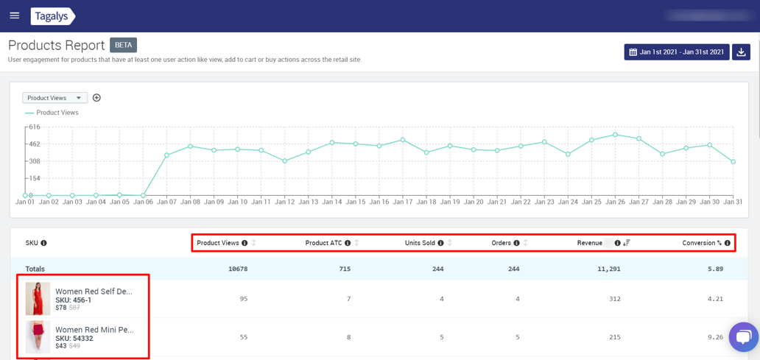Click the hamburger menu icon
click(14, 15)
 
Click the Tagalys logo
click(52, 15)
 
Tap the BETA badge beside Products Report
click(123, 45)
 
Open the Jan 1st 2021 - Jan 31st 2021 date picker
click(677, 52)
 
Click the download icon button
click(742, 52)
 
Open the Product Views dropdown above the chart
click(54, 98)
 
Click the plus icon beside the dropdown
click(96, 98)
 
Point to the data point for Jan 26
click(615, 135)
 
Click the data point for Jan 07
click(167, 155)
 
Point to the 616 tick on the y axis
click(35, 127)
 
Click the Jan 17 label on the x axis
click(403, 202)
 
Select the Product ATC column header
click(323, 243)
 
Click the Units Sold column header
click(420, 243)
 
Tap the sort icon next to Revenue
click(627, 243)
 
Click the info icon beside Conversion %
click(728, 243)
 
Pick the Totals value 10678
click(238, 269)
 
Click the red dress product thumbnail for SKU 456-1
click(38, 299)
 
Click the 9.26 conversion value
click(714, 337)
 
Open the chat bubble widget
click(743, 337)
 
